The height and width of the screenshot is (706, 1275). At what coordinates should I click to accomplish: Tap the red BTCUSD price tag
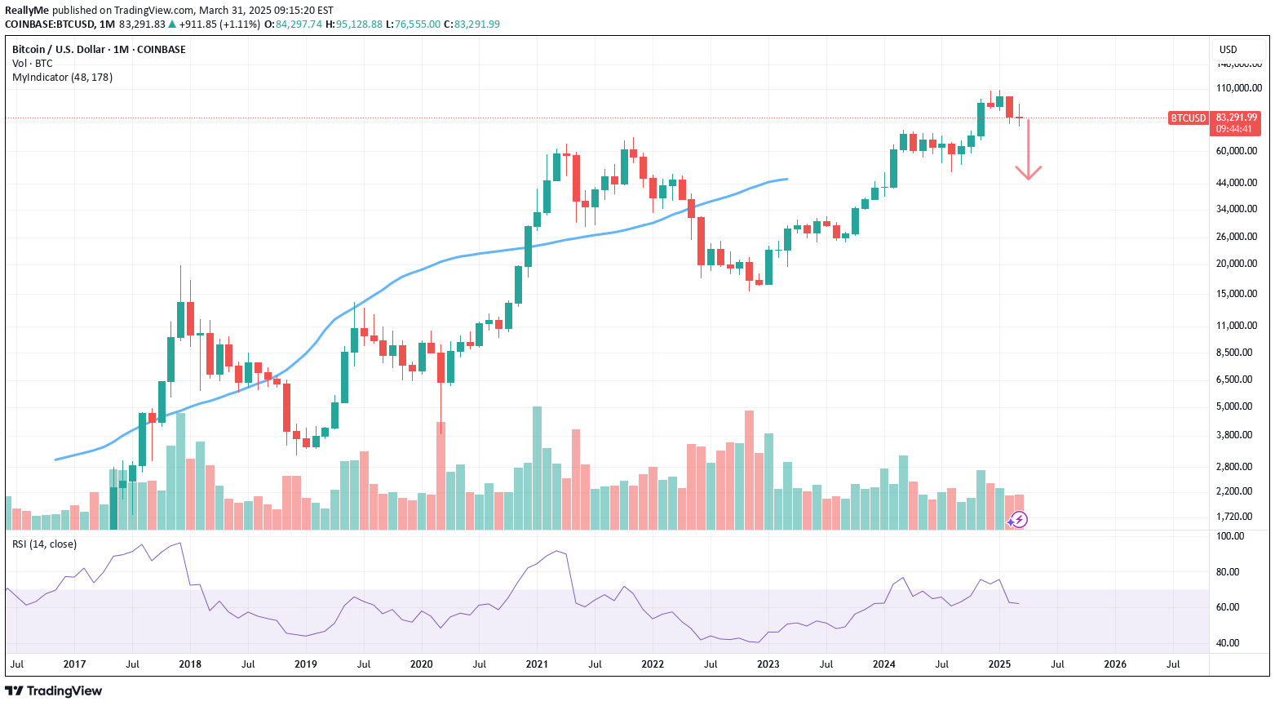[1188, 118]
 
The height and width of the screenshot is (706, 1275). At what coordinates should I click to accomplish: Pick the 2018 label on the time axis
[190, 664]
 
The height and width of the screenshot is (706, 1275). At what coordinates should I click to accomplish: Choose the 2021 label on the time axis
[537, 664]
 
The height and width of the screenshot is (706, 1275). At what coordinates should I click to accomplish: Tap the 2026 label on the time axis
[1114, 664]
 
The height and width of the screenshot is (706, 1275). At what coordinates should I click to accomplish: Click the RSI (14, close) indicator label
[44, 544]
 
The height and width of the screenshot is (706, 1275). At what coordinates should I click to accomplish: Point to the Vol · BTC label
[33, 64]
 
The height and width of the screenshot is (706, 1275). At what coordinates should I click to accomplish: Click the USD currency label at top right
[1228, 50]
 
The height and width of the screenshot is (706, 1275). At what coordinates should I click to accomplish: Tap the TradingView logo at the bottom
[54, 691]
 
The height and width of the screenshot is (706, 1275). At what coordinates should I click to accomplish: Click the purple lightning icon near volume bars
[1018, 520]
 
